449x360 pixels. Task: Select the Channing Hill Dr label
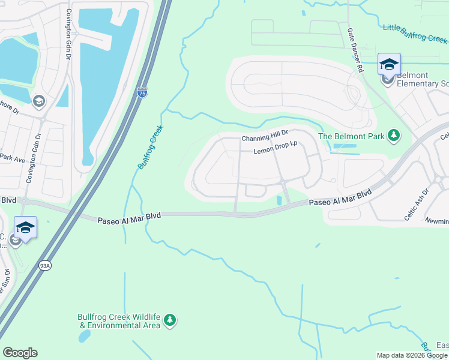(265, 139)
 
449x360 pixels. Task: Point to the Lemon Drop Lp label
(276, 151)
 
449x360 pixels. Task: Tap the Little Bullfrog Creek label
(415, 33)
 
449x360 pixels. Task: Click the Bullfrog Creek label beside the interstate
(151, 147)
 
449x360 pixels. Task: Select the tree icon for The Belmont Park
(394, 136)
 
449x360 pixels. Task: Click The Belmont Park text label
(351, 136)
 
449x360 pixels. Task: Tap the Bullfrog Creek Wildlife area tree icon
(170, 320)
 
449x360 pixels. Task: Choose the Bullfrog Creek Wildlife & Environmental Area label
(119, 322)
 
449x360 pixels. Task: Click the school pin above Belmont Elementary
(389, 64)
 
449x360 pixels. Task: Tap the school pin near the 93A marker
(26, 227)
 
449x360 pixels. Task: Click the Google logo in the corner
(20, 353)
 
